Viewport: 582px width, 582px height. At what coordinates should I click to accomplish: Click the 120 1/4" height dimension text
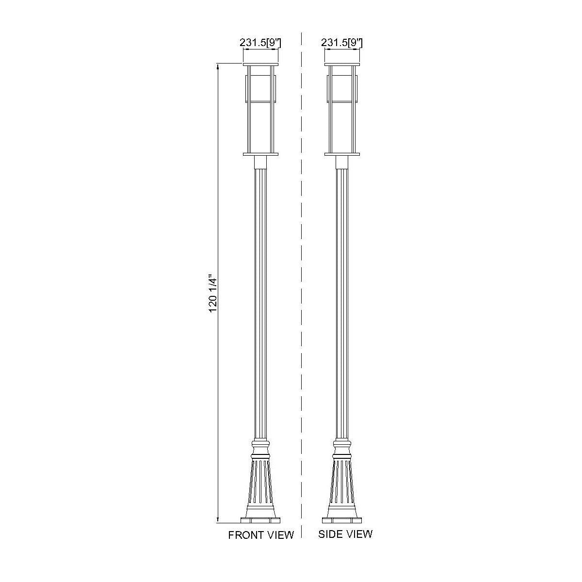pos(212,294)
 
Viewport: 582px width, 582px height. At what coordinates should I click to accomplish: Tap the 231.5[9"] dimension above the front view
pos(260,43)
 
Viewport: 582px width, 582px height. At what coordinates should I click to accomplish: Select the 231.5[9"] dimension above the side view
pos(342,43)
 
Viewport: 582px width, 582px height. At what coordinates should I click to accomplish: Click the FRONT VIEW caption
pos(261,535)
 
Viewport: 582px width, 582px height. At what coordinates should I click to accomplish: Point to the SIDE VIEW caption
pos(345,534)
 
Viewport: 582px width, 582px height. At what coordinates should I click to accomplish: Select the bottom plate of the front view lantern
pos(260,155)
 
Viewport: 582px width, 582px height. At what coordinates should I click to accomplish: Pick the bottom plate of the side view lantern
pos(342,155)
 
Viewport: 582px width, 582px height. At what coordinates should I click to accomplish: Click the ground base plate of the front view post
pos(260,519)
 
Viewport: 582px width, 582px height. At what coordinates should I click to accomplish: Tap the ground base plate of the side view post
pos(342,519)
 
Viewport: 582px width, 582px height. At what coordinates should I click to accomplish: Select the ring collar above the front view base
pos(260,444)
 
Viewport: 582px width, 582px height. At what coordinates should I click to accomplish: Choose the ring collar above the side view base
pos(342,444)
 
